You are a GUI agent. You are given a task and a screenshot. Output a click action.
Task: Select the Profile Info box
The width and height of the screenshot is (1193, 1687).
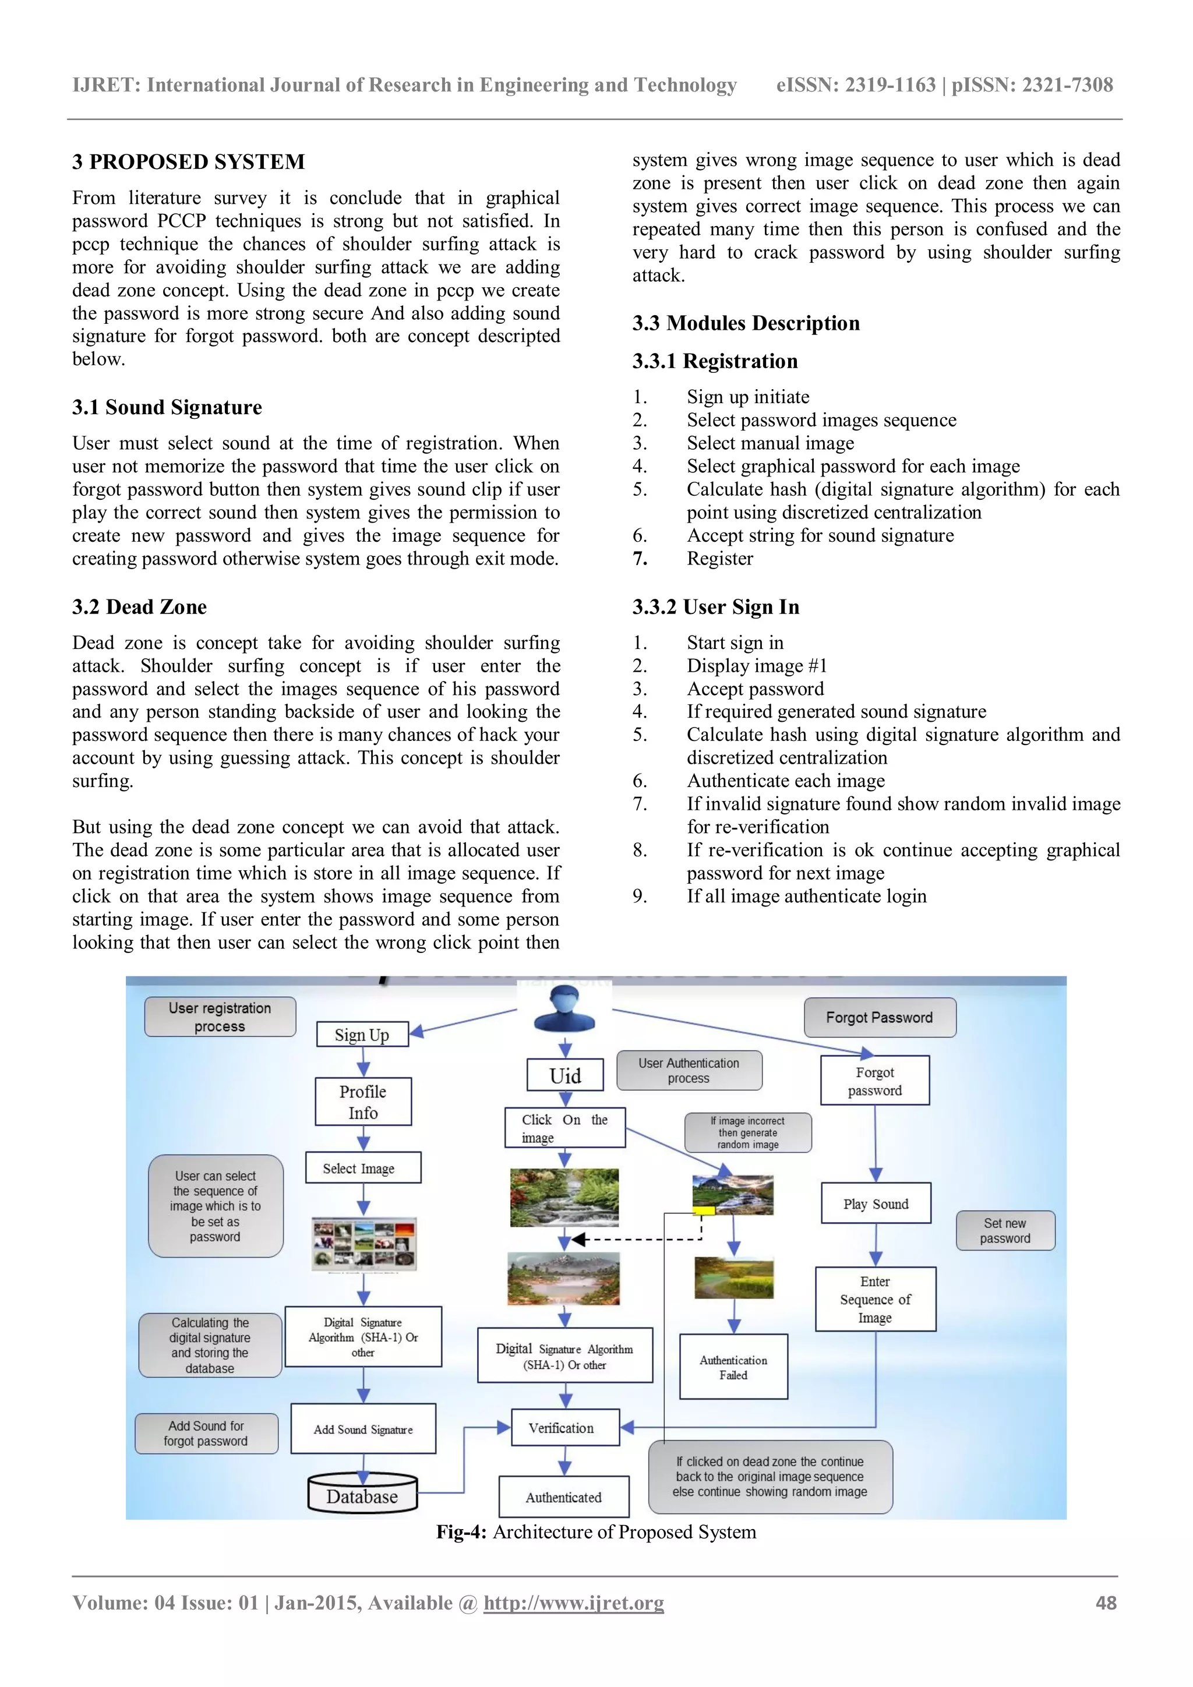tap(363, 1102)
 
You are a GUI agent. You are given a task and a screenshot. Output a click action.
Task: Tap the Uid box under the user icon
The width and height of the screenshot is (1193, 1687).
tap(565, 1076)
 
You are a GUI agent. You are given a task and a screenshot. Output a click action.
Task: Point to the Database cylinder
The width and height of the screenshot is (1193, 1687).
tap(362, 1496)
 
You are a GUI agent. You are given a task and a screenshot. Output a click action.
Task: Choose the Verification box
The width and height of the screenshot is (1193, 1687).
tap(564, 1428)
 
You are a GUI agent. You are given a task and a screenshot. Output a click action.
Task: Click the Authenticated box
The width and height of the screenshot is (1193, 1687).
tap(563, 1497)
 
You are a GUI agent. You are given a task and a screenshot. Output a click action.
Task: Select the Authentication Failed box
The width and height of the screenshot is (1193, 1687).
tap(733, 1367)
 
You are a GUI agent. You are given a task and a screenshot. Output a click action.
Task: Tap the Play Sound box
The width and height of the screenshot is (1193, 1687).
tap(876, 1204)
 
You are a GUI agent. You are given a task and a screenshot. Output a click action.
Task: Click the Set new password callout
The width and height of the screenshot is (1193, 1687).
tap(1005, 1231)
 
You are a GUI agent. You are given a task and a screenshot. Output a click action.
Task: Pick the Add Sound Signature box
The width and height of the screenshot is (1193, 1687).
tap(363, 1429)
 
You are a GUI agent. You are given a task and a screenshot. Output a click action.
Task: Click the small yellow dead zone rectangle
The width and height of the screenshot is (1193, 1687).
tap(704, 1209)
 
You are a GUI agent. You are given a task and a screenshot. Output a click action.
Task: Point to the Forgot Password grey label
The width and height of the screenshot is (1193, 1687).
tap(880, 1018)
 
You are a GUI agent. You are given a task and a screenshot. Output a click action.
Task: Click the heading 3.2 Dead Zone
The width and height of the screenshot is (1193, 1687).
tap(140, 607)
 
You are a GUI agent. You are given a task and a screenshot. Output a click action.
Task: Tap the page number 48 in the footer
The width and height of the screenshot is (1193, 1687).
tap(1106, 1603)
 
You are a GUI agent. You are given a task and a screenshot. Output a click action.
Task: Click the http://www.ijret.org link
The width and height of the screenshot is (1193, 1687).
tap(573, 1603)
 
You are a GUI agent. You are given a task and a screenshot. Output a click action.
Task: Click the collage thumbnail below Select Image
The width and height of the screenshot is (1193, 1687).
tap(363, 1244)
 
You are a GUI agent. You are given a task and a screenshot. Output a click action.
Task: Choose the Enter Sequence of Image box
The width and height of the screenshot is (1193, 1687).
tap(875, 1299)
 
